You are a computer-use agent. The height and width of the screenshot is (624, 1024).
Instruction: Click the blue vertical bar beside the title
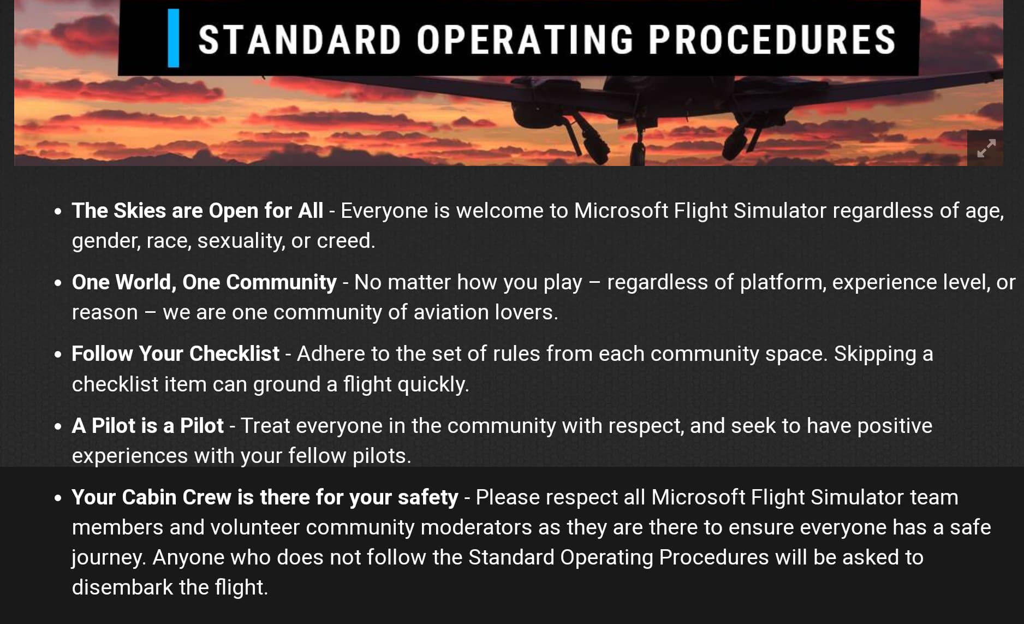click(x=173, y=38)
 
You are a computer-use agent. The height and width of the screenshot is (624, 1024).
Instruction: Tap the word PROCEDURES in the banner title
click(x=772, y=40)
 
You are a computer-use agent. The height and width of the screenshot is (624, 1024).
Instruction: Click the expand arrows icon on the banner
click(x=986, y=148)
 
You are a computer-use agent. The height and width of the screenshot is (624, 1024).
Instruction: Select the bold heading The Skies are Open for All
click(x=198, y=211)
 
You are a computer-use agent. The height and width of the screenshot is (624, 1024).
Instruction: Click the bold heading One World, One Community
click(x=205, y=282)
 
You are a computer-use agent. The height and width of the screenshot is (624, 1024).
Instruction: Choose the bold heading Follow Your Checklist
click(x=176, y=354)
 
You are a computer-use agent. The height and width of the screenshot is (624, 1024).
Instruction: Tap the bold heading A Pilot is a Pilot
click(x=148, y=426)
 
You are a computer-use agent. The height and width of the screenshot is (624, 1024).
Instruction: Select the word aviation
click(x=451, y=312)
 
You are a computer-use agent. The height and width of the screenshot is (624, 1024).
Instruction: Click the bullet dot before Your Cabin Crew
click(x=58, y=498)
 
